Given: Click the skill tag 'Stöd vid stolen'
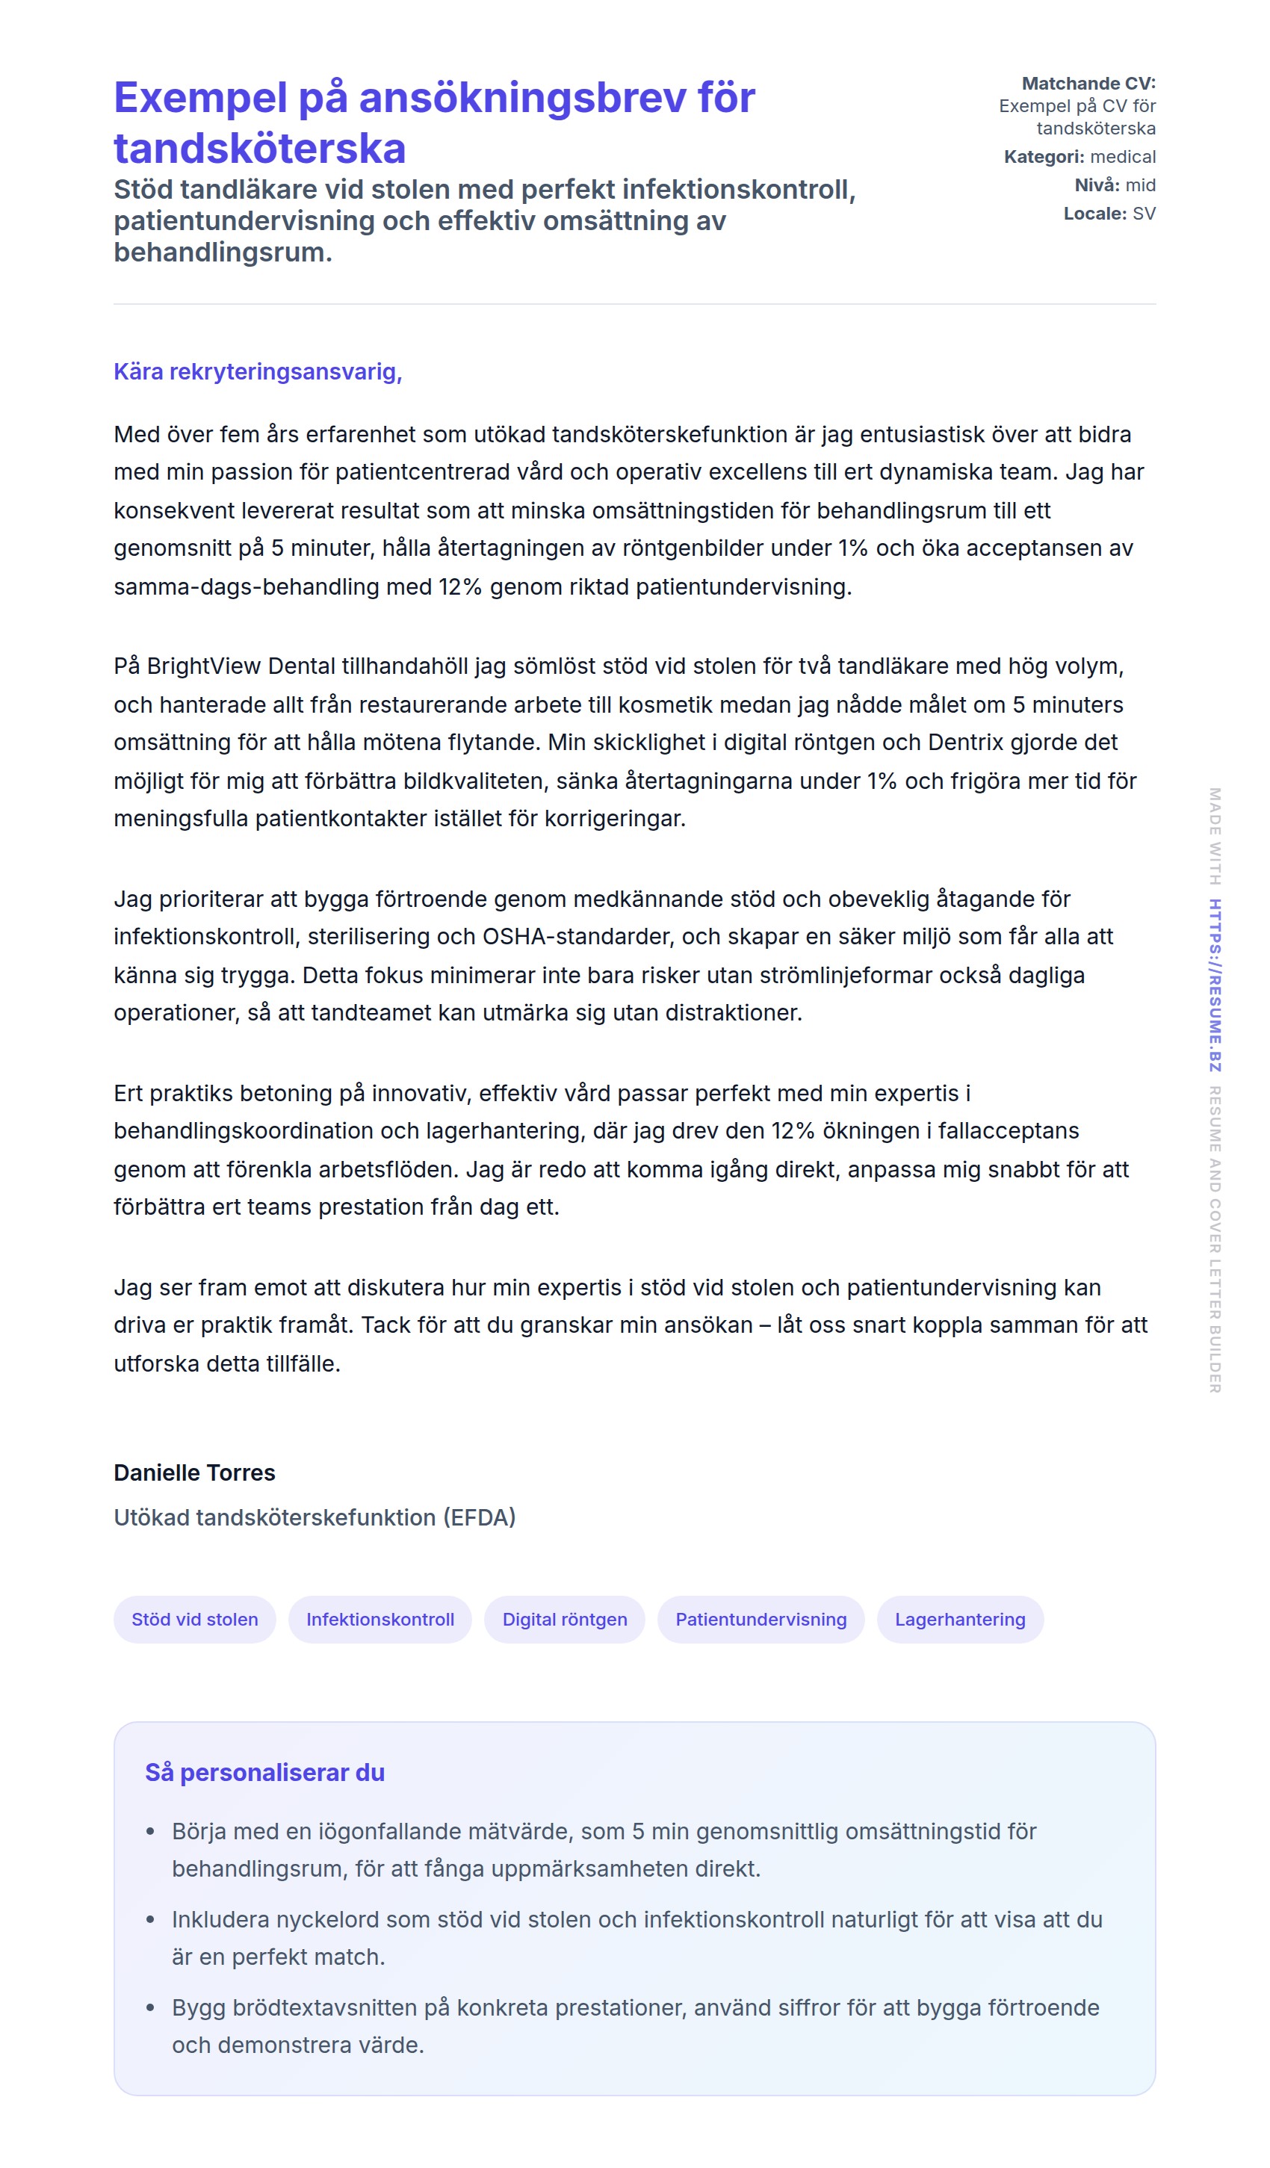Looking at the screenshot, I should tap(194, 1619).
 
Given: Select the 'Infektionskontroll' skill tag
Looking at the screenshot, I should tap(380, 1619).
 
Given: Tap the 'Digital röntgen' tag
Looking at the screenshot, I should tap(565, 1619).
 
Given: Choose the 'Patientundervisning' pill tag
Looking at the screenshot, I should tap(761, 1619).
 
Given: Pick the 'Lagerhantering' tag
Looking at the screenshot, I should tap(959, 1619).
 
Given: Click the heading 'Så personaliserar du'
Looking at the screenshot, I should tap(264, 1772).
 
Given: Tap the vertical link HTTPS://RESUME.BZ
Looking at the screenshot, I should tap(1214, 985).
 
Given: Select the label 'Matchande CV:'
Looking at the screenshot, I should tap(1088, 84).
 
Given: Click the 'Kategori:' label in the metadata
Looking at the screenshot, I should tap(1044, 157).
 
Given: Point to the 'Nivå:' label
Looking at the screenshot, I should tap(1096, 185).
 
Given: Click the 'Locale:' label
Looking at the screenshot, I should tap(1094, 214).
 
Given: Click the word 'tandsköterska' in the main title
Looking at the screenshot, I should tap(259, 148).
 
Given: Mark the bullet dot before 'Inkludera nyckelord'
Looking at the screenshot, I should tap(151, 1919).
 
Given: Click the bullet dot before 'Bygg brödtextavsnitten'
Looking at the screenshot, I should tap(151, 2007).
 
